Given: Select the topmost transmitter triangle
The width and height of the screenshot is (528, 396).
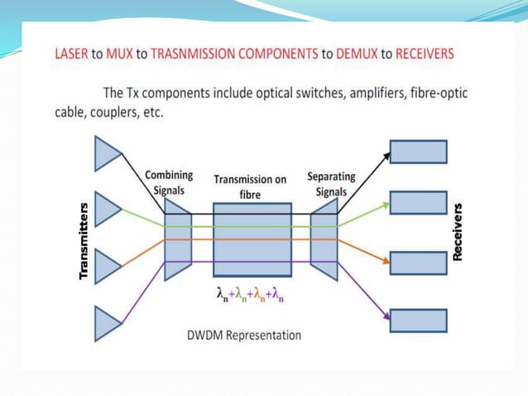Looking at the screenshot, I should (107, 154).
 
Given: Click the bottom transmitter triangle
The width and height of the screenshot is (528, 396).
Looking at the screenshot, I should (107, 323).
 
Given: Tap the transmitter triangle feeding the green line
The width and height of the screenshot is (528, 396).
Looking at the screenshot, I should (107, 209).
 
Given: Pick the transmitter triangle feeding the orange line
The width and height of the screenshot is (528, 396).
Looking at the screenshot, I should (107, 266).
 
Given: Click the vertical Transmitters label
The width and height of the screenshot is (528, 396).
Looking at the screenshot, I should (84, 239).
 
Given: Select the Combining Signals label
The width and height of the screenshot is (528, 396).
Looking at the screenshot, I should (169, 182).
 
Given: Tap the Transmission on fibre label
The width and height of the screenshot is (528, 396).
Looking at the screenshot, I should (251, 186).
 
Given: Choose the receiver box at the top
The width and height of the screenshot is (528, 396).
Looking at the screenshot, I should (418, 152).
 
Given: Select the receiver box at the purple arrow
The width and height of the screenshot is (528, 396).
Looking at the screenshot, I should (418, 321).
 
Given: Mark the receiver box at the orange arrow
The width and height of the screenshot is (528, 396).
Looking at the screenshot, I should (418, 263).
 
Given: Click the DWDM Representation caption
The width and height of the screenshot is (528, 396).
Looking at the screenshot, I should (243, 336).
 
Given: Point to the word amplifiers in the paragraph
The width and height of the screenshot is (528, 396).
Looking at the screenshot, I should (343, 93).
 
